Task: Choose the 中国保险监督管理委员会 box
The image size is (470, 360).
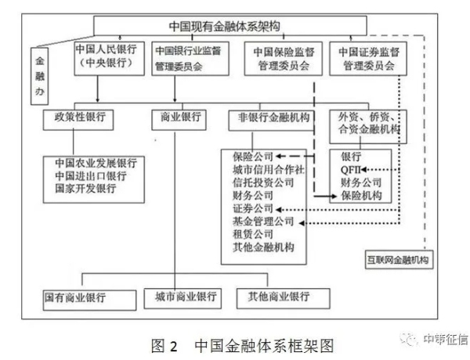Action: click(x=280, y=58)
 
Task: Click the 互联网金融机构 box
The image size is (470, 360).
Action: click(x=399, y=257)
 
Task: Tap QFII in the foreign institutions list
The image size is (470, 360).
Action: click(x=352, y=168)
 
